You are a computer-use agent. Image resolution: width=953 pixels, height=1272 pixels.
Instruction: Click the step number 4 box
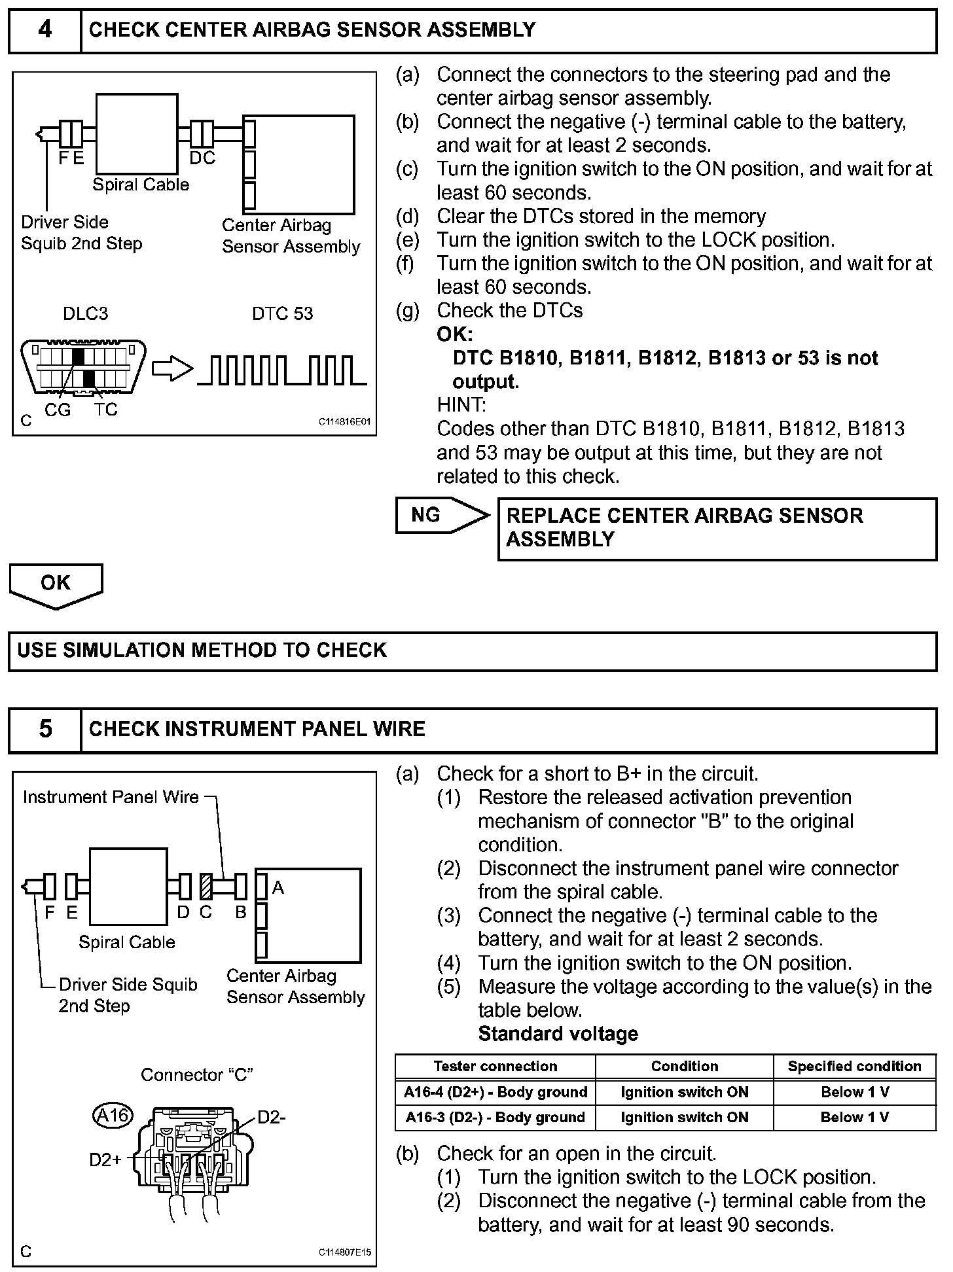point(45,30)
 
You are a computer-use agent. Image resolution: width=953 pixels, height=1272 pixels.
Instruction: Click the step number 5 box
point(45,729)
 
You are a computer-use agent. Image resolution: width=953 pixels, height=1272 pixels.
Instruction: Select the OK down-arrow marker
point(56,584)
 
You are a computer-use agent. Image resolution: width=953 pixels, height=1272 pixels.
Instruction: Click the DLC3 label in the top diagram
point(85,313)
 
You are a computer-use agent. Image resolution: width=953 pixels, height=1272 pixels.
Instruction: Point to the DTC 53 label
point(283,313)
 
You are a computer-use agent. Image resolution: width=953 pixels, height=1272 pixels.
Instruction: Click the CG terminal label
point(58,410)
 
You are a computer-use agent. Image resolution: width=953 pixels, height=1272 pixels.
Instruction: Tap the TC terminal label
point(105,410)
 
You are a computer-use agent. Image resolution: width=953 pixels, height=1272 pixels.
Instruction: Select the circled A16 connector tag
point(113,1114)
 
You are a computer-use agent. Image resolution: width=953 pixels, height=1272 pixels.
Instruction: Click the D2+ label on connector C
point(105,1160)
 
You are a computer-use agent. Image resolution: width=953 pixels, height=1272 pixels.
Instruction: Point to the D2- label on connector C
point(272,1117)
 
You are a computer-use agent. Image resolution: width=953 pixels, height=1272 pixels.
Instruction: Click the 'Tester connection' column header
point(495,1066)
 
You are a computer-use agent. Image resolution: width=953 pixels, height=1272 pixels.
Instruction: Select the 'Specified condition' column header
point(854,1066)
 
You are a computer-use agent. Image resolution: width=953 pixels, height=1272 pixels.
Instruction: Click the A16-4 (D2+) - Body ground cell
point(495,1092)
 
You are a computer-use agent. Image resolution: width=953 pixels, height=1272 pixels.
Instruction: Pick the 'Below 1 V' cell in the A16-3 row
point(854,1117)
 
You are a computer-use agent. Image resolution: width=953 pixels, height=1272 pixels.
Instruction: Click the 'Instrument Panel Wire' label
point(111,797)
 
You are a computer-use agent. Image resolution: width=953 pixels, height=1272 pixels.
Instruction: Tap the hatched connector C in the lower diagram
point(207,887)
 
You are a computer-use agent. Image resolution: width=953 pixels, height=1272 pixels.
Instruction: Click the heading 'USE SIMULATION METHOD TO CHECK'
point(202,650)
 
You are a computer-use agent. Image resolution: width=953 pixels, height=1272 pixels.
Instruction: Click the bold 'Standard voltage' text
point(558,1034)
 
